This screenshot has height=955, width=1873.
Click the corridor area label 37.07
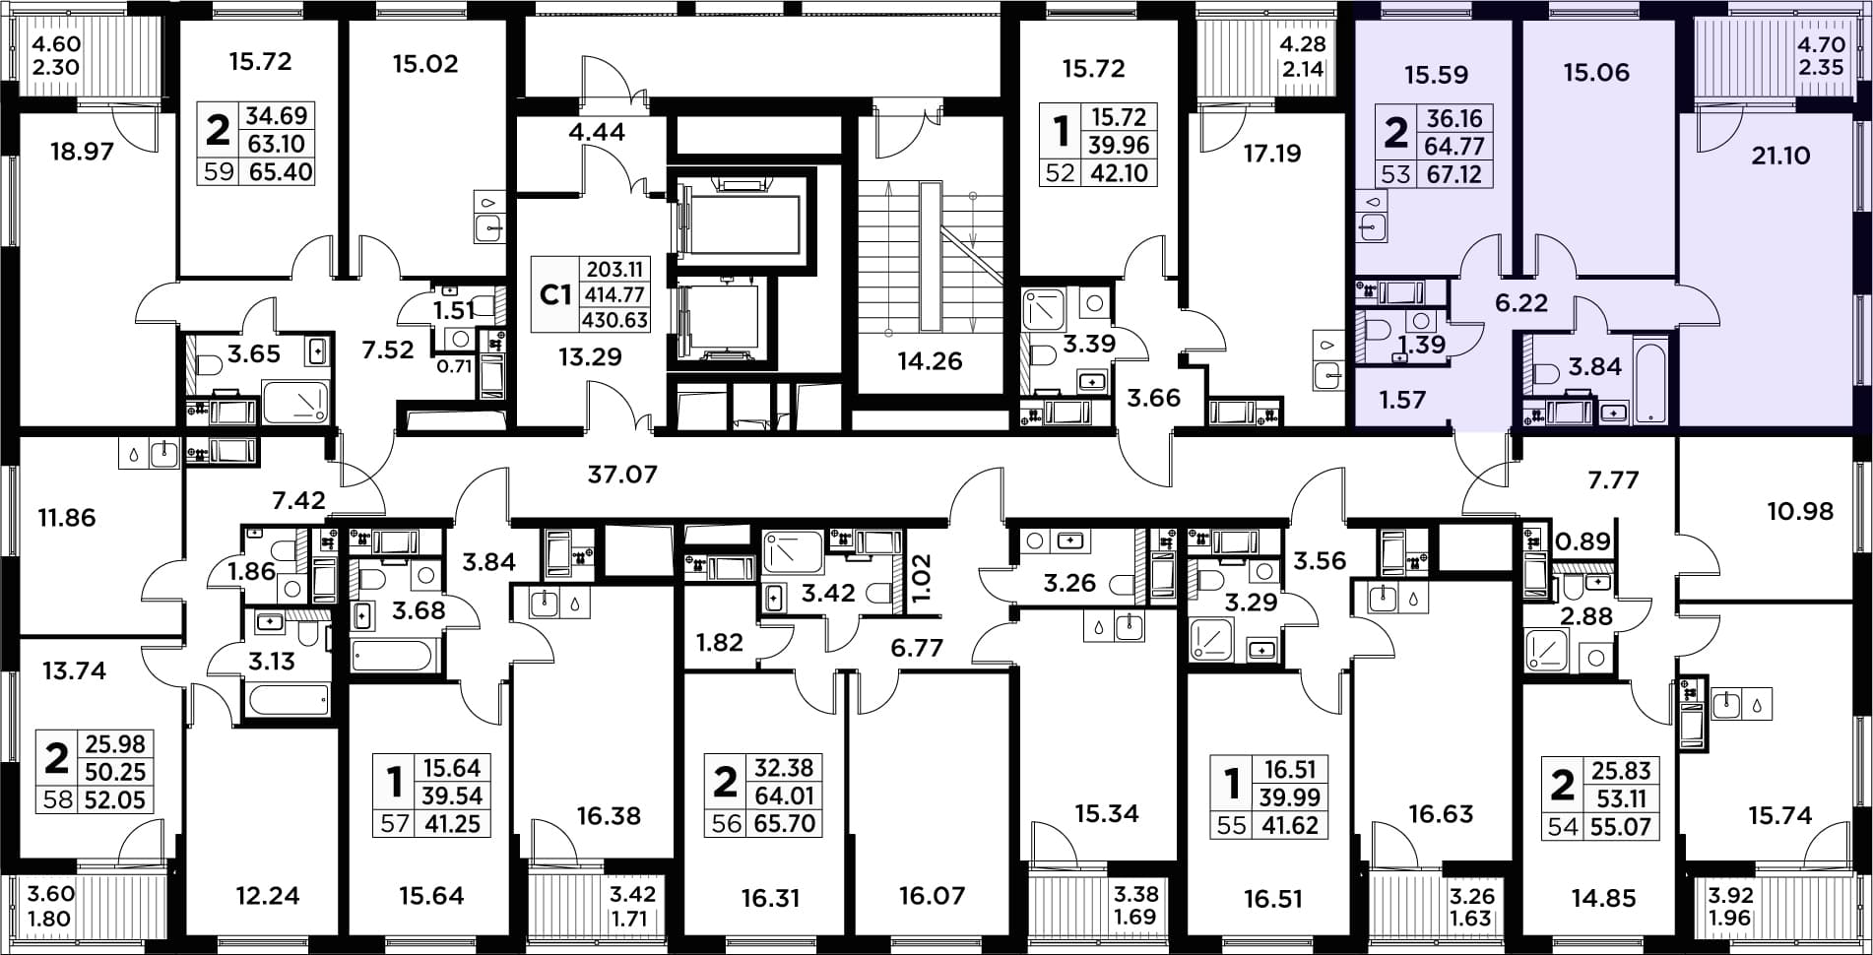click(x=622, y=475)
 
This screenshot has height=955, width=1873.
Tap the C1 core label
click(x=556, y=293)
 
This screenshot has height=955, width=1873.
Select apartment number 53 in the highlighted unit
click(x=1395, y=174)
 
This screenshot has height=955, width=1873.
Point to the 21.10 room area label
click(x=1780, y=155)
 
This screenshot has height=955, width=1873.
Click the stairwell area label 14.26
click(x=930, y=360)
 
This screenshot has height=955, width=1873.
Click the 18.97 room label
click(x=83, y=152)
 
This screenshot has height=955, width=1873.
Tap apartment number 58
click(x=57, y=799)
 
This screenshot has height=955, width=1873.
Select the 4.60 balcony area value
click(x=56, y=44)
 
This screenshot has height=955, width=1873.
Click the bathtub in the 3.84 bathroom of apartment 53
click(x=1649, y=381)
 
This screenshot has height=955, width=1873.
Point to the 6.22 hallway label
click(x=1521, y=302)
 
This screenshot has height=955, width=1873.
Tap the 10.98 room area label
click(x=1800, y=511)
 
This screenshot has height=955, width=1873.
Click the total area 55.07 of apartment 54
click(x=1621, y=826)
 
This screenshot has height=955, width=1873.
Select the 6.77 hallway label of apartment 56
click(x=917, y=647)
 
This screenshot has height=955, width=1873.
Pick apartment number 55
click(x=1231, y=825)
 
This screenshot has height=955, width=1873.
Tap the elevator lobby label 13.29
click(x=590, y=356)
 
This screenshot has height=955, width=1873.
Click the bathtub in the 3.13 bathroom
click(x=289, y=701)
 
